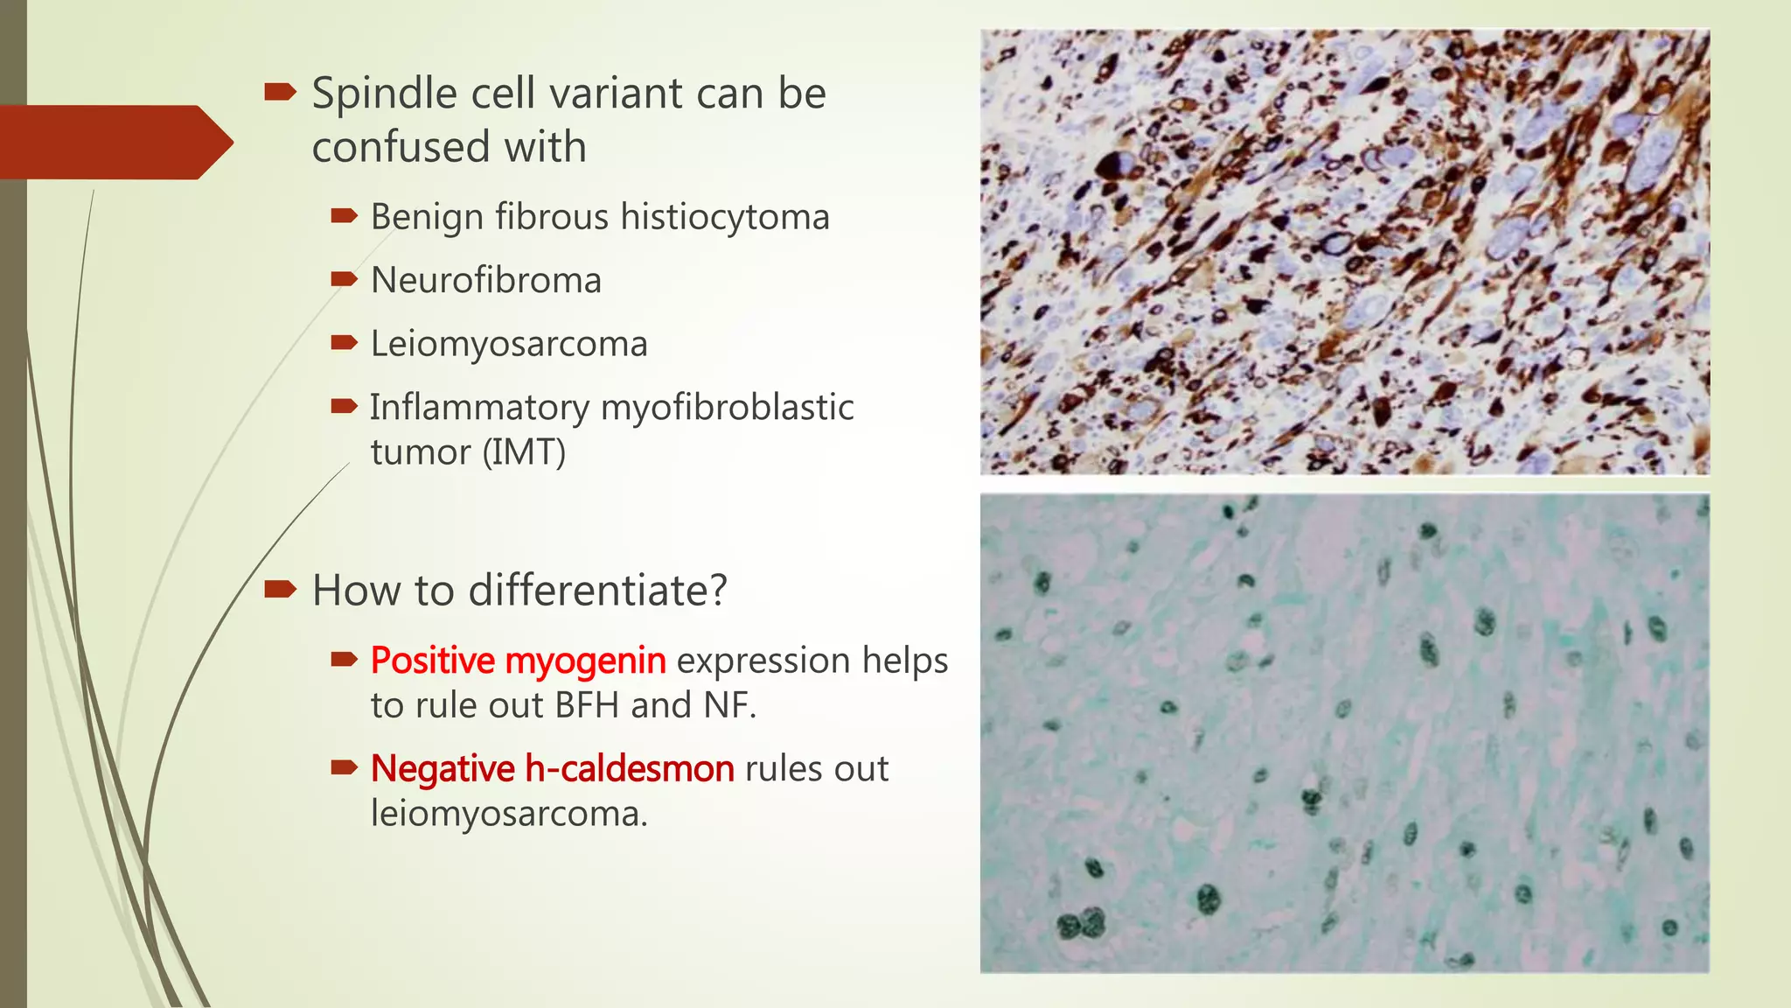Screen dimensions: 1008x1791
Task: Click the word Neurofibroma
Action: point(485,281)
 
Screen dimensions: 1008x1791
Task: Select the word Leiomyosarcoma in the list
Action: point(509,344)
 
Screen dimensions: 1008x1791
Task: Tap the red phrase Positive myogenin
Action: point(518,661)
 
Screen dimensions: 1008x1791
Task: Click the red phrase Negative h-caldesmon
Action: point(552,769)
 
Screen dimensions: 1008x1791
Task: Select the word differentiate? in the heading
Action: point(597,591)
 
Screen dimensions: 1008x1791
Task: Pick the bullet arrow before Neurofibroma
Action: point(344,280)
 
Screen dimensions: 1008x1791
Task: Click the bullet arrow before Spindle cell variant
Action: point(280,92)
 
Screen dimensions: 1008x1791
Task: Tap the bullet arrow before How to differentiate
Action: point(280,589)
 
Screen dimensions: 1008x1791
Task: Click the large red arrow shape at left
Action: point(114,142)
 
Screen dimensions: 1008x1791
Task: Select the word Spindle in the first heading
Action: point(384,94)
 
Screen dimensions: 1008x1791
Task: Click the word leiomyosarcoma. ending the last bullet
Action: point(509,814)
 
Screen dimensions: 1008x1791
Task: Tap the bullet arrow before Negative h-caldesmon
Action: point(344,768)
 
